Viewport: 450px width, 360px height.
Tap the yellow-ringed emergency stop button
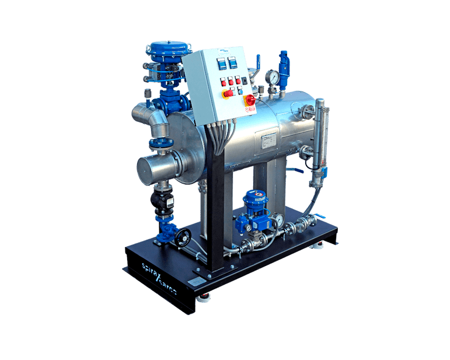250,100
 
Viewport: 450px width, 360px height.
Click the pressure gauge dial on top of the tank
271,77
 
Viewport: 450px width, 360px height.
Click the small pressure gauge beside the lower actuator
280,219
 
